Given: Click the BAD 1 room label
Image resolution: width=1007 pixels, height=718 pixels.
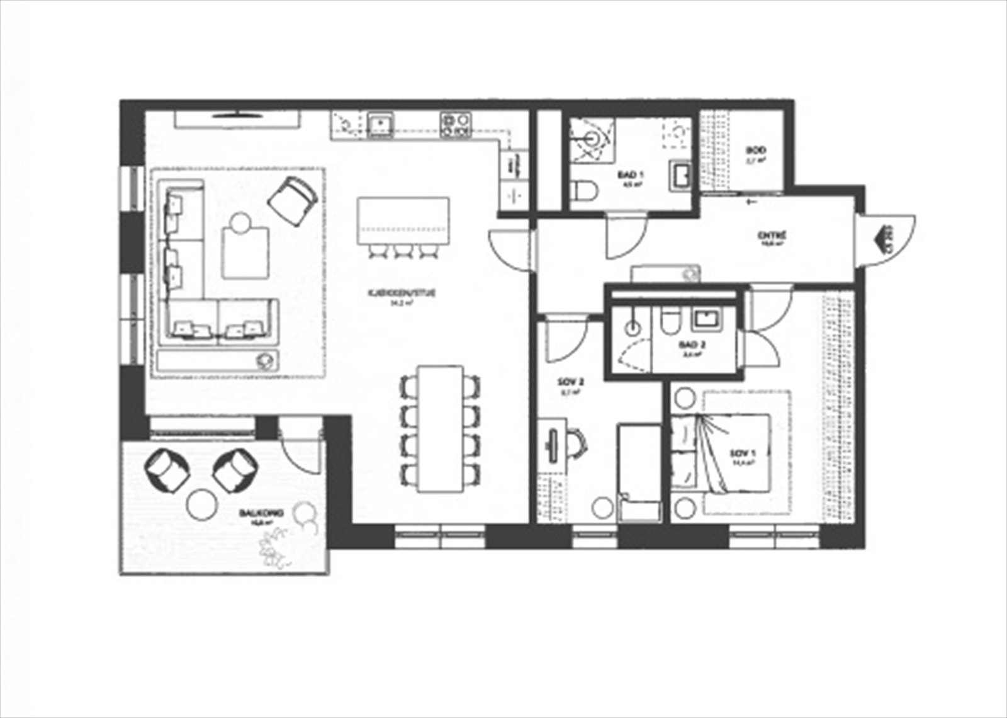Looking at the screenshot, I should pos(630,174).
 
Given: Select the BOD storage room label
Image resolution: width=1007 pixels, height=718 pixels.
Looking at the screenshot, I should pos(756,151).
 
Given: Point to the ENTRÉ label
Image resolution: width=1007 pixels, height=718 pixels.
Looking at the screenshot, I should pos(772,236).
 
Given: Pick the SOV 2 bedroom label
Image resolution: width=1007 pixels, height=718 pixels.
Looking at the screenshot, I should pos(571,382).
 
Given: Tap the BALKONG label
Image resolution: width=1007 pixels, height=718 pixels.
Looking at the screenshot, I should pos(261,513).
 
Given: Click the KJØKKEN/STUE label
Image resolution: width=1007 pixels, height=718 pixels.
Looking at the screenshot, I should pos(402,293).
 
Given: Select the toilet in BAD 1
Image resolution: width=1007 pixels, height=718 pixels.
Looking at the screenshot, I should pos(583,190).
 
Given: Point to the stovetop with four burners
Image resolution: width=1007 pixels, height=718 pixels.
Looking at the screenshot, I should pos(456,124).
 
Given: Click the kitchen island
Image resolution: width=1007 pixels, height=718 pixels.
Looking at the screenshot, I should pos(403,220).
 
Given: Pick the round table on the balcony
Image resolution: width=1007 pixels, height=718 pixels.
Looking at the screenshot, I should pos(201,504).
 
